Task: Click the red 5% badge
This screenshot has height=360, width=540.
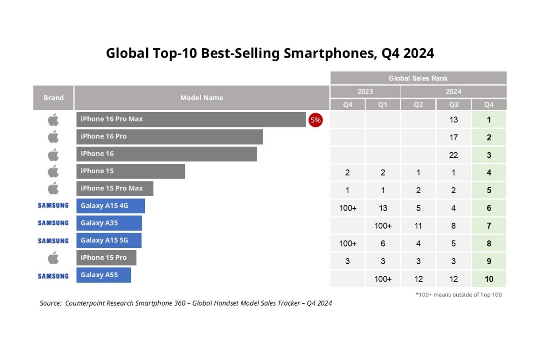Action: tap(315, 120)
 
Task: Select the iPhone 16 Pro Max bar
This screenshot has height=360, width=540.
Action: tap(191, 120)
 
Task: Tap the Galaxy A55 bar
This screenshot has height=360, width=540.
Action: tap(103, 275)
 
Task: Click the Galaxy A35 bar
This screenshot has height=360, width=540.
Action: tap(109, 223)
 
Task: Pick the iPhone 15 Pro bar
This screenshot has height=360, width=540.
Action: tap(106, 258)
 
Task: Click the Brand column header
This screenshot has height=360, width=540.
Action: tap(54, 98)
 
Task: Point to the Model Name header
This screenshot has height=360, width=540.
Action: tap(202, 98)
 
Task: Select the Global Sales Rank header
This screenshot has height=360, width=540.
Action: tap(418, 78)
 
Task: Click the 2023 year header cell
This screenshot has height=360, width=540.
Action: tap(365, 91)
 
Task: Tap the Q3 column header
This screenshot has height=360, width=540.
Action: tap(453, 104)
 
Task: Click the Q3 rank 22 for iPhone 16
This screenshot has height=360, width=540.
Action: tap(453, 155)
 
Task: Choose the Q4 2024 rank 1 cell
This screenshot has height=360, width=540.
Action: tap(489, 120)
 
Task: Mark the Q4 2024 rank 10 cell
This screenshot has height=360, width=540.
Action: tap(489, 279)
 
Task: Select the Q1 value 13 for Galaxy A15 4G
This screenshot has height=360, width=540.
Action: tap(382, 208)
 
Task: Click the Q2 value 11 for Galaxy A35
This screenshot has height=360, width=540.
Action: tap(418, 226)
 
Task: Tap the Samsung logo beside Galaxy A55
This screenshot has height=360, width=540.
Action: tap(53, 276)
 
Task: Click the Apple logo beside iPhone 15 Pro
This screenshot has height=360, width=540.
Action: tap(53, 258)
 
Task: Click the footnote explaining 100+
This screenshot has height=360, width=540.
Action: tap(458, 295)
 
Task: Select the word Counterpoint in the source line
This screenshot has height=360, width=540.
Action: tap(86, 303)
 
